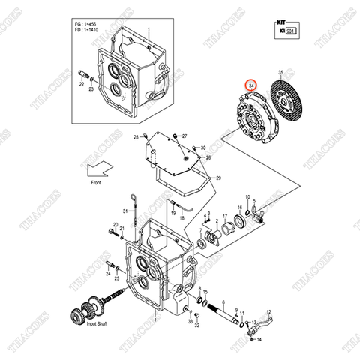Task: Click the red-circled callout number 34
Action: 251,87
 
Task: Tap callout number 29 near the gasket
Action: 218,178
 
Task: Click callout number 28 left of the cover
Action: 136,139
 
